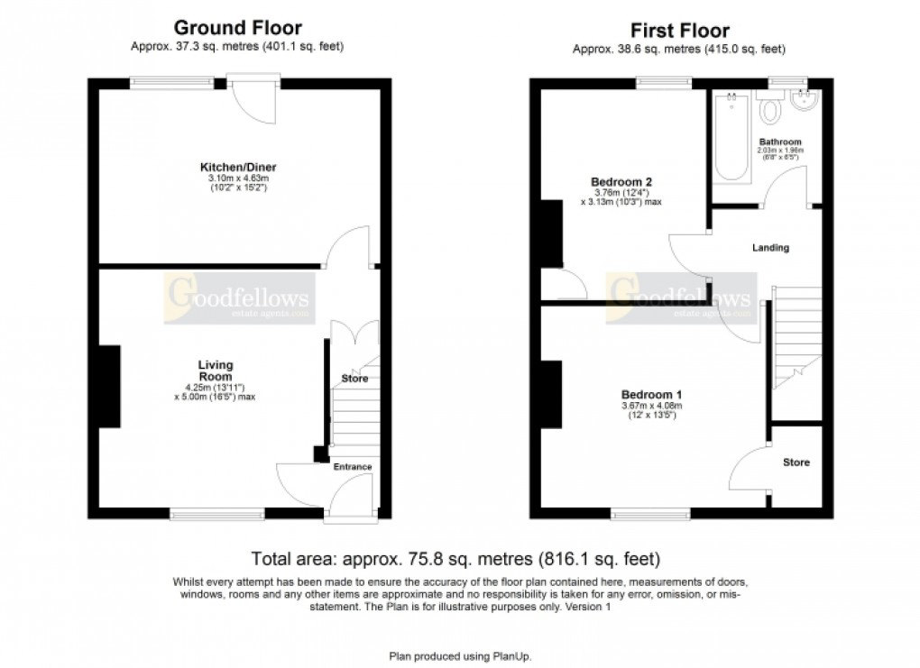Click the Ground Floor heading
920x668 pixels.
[237, 28]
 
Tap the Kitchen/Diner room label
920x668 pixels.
[238, 167]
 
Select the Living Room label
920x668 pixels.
[216, 370]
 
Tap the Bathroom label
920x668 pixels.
[779, 142]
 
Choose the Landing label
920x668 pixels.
[770, 247]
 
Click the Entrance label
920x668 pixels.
[352, 466]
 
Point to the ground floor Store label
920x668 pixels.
[354, 379]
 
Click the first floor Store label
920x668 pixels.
[796, 462]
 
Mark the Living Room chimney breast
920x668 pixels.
[110, 386]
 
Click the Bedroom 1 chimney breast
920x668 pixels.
[551, 394]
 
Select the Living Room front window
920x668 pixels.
[217, 514]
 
